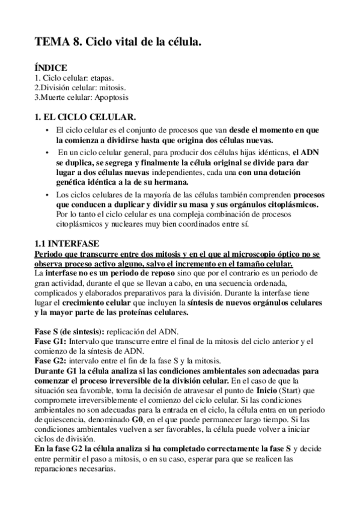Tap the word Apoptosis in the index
click(x=109, y=97)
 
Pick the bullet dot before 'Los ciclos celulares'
click(x=47, y=195)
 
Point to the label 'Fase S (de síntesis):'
click(x=71, y=332)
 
